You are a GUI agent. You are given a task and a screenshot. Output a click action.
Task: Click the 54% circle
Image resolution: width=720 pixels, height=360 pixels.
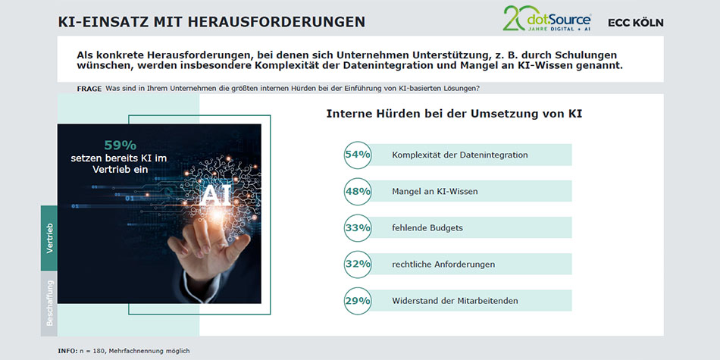coord(357,155)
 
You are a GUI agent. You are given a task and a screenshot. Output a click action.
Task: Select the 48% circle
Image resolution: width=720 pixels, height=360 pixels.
coord(357,191)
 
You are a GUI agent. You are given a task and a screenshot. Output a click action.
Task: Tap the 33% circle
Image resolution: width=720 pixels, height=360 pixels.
coord(357,227)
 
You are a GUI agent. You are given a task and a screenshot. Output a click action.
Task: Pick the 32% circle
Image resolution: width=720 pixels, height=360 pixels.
coord(357,264)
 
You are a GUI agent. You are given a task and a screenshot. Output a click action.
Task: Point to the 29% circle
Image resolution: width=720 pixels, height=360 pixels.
coord(357,300)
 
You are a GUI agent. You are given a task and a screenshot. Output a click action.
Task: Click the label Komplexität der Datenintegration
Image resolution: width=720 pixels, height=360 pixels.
coord(459,155)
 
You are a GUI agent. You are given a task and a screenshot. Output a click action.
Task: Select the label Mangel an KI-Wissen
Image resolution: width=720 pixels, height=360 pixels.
coord(434,191)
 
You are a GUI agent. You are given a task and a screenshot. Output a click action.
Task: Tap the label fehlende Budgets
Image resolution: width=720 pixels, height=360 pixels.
coord(427,227)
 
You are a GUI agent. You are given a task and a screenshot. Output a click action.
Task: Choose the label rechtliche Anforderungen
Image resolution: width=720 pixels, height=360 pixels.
coord(443,264)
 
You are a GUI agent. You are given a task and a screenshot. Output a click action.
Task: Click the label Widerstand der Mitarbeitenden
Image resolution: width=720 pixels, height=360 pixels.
coord(455,300)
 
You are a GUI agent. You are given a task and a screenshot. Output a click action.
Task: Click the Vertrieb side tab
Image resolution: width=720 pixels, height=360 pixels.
coord(49,238)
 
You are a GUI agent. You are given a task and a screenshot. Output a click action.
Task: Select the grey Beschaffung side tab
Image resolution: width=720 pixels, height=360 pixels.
coord(49,303)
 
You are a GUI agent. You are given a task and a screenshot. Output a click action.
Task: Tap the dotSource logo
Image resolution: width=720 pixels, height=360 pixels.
coord(547,18)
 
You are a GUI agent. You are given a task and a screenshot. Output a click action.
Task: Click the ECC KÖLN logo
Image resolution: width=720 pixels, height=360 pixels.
coord(635,22)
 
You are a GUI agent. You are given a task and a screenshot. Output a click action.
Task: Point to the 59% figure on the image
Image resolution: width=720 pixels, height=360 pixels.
coord(120,144)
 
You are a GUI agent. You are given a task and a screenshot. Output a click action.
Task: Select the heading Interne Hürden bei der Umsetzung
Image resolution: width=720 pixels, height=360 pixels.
coord(453,114)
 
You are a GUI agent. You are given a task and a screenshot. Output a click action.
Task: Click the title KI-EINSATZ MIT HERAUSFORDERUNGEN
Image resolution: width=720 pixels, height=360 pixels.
coord(211,22)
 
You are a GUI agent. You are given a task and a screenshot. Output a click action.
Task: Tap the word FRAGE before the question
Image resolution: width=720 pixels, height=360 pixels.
coord(89,89)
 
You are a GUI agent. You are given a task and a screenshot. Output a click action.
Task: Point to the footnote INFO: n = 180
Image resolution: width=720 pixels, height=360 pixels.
coord(124,350)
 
